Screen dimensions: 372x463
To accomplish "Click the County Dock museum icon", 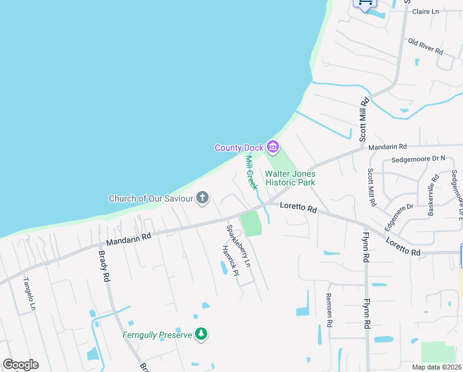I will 273,148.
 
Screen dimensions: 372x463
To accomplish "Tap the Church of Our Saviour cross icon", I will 202,198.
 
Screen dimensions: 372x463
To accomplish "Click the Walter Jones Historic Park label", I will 290,179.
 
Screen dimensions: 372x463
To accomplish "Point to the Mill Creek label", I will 251,172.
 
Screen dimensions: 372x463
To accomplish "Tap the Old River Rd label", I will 425,46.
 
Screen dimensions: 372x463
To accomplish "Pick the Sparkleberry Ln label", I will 238,246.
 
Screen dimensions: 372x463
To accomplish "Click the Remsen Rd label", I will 329,310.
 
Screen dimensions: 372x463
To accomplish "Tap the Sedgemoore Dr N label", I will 413,159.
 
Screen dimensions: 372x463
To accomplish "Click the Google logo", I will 20,365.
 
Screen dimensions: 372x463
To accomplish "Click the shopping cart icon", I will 365,3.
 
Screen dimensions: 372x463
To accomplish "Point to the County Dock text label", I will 239,148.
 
